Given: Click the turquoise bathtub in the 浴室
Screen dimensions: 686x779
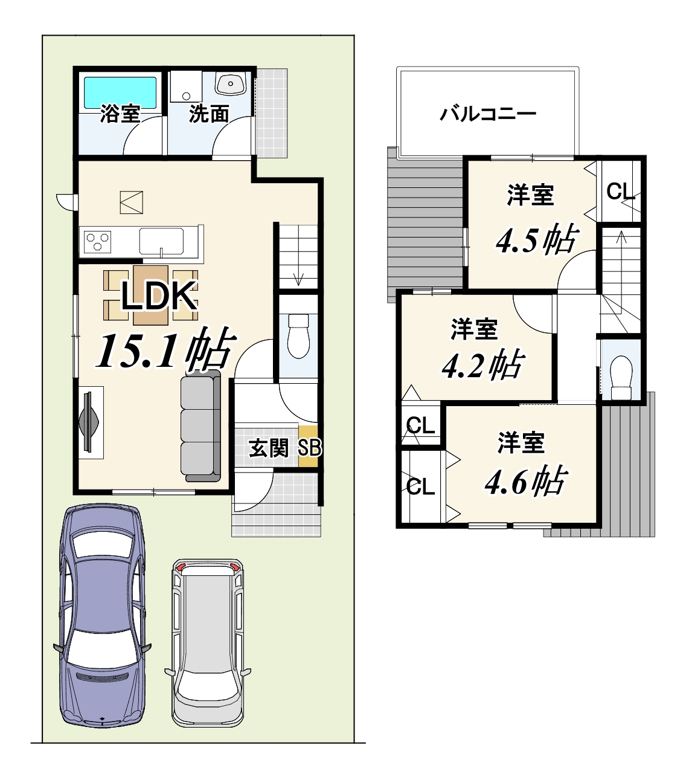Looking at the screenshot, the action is (120, 94).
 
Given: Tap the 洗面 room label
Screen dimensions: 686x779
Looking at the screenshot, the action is (209, 114).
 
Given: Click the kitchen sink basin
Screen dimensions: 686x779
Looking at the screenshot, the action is (161, 241).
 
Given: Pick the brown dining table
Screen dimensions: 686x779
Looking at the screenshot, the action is (150, 296).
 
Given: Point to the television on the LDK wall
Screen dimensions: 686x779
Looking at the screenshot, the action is (89, 422).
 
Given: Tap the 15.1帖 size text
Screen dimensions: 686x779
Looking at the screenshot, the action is (165, 349).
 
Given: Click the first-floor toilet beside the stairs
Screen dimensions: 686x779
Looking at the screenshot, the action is (298, 335).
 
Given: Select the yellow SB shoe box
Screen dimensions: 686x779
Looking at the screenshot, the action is (309, 447).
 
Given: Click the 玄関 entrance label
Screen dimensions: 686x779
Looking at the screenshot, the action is (269, 448).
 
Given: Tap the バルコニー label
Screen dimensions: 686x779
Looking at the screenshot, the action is (488, 114).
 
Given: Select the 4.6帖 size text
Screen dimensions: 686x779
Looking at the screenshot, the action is (526, 480).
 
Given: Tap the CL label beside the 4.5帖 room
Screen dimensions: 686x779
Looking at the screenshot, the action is (620, 191).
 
